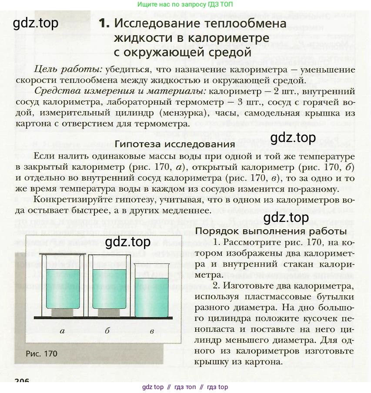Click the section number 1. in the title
coord(104,23)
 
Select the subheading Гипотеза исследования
coord(175,144)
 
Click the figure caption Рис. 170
coord(42,353)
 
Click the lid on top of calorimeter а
coord(62,253)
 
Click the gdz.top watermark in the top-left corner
coord(36,23)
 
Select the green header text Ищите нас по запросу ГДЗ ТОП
coord(185,5)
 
